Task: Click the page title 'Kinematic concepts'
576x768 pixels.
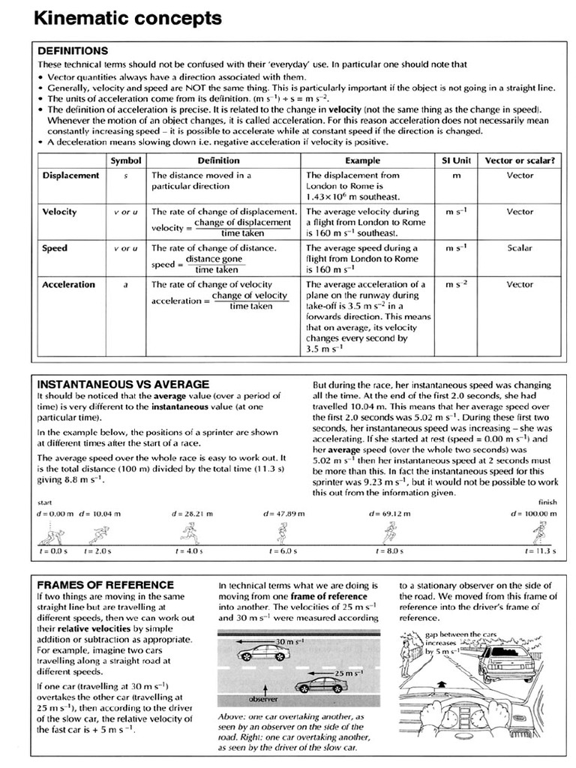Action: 127,18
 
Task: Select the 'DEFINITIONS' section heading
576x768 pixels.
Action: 73,51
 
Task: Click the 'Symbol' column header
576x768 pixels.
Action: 125,160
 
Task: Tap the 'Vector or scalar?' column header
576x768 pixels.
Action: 520,160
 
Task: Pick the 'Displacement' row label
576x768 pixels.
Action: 70,175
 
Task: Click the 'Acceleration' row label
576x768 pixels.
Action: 68,284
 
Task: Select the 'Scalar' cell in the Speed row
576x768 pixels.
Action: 520,247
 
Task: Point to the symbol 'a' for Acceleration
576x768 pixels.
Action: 125,284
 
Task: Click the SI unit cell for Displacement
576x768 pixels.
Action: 456,175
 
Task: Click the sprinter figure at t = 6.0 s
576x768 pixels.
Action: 282,533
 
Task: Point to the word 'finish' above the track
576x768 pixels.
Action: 547,502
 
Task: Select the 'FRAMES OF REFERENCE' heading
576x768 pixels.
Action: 105,584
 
